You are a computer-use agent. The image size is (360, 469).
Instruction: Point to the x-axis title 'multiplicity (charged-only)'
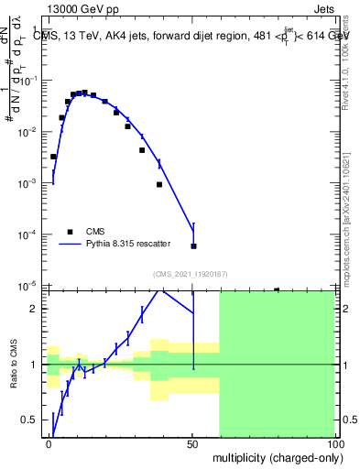274,456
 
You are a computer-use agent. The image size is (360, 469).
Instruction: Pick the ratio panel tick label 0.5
29,420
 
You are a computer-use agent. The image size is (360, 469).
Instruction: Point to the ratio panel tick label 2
35,309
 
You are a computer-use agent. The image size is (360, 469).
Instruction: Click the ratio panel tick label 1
35,365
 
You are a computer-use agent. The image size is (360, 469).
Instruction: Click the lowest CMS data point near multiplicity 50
193,245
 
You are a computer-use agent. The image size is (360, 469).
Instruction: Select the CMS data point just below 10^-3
158,184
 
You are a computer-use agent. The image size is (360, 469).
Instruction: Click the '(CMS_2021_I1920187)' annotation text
190,274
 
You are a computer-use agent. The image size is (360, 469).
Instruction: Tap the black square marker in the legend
71,232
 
